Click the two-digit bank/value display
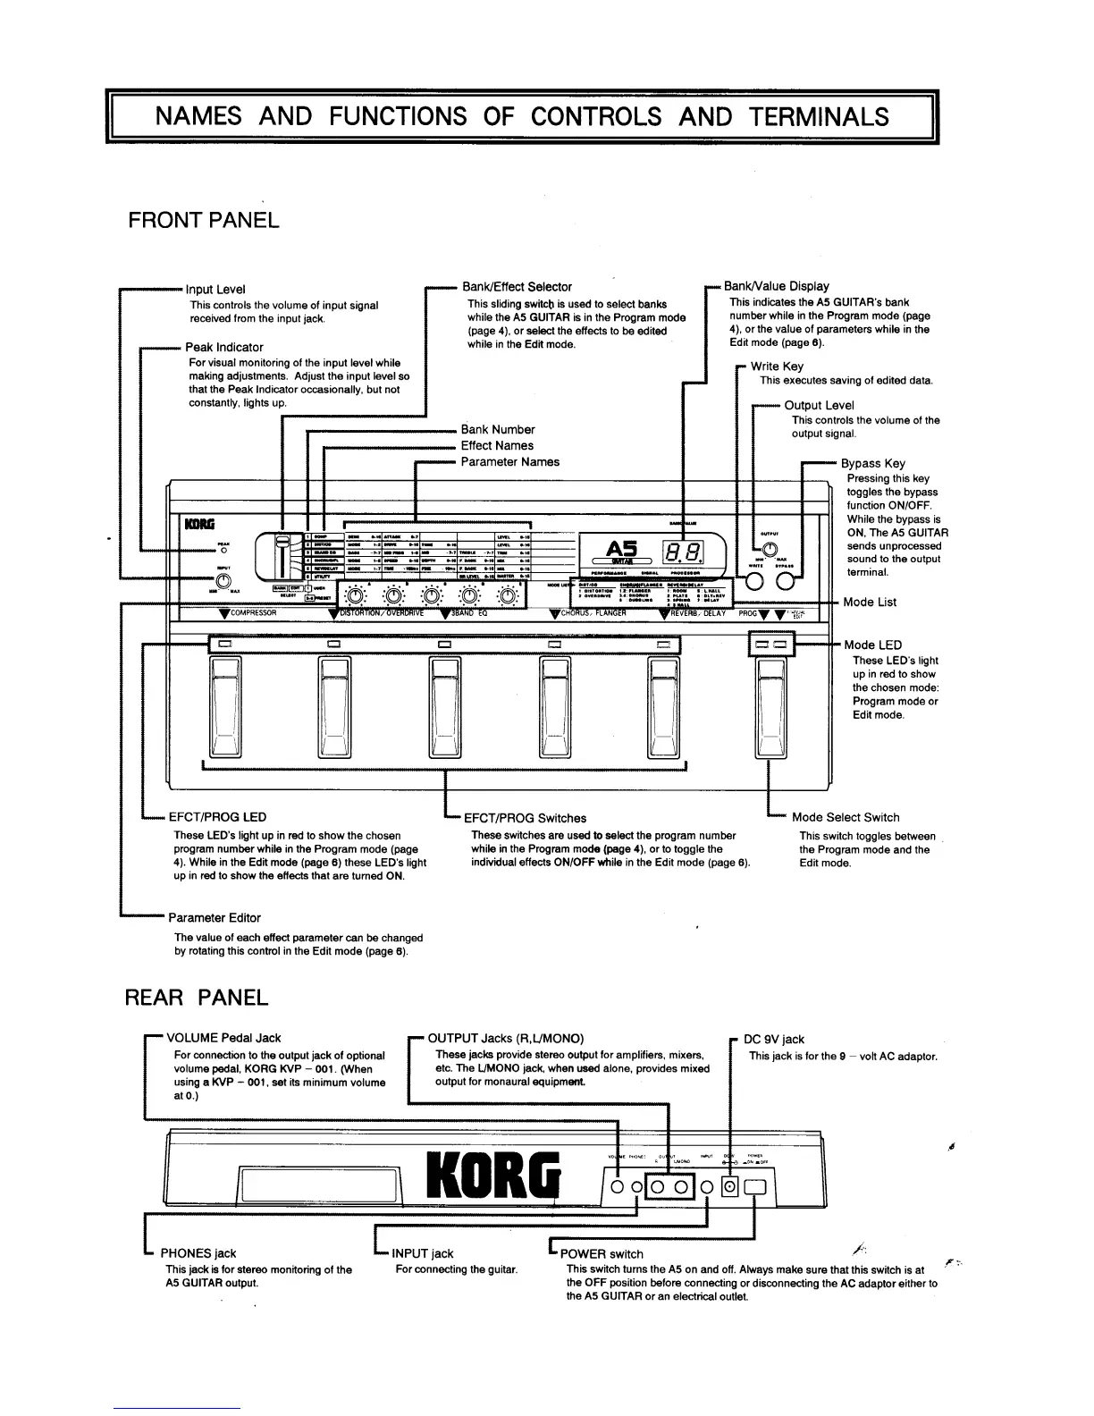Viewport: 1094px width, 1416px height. tap(680, 552)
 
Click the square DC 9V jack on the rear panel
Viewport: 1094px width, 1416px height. tap(730, 1187)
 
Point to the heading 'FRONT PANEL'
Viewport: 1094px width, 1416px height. tap(204, 220)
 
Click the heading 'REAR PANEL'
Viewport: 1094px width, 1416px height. tap(197, 998)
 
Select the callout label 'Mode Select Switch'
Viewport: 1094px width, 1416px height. tap(846, 817)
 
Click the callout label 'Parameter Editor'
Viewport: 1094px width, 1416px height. tap(215, 918)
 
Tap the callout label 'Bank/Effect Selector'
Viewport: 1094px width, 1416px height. tap(517, 287)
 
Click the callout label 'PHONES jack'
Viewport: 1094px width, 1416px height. tap(198, 1253)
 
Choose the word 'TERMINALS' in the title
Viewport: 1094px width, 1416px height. tap(819, 116)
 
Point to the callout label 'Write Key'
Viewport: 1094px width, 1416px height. tap(777, 367)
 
